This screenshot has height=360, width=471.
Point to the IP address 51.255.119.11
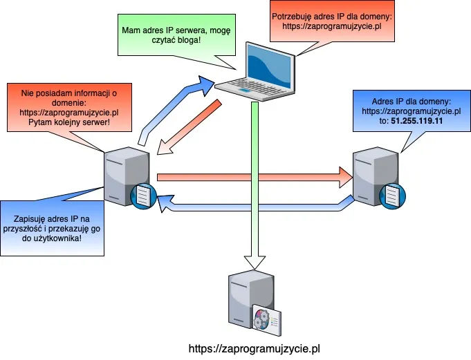coord(418,120)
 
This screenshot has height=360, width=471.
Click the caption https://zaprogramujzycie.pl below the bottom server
coord(254,349)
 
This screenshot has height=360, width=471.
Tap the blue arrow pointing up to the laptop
coord(173,104)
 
